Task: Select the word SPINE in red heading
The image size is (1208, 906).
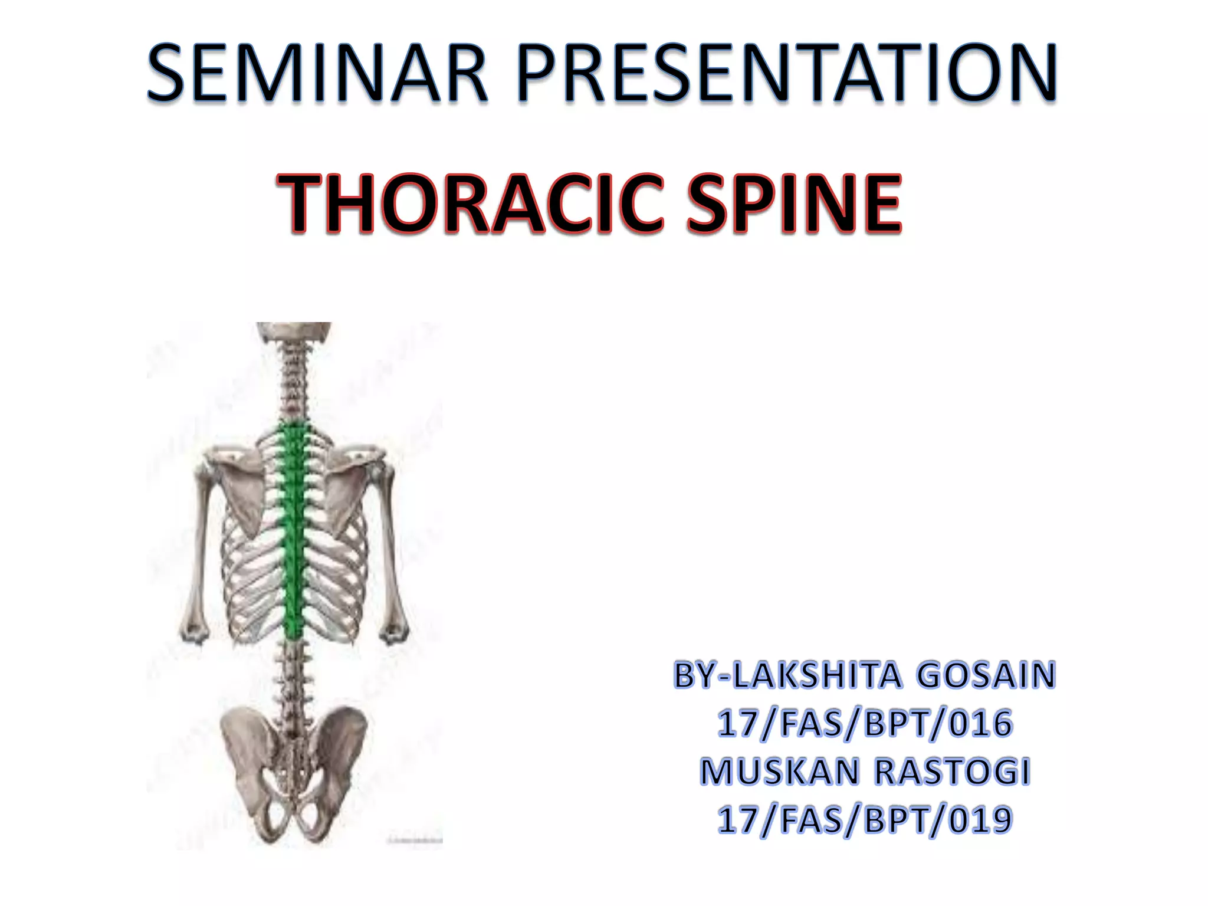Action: coord(793,203)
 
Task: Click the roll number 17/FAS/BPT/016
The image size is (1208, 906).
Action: coord(865,724)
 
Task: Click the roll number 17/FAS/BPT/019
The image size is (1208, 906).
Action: coord(865,820)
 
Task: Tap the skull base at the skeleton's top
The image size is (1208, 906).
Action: coord(293,330)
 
